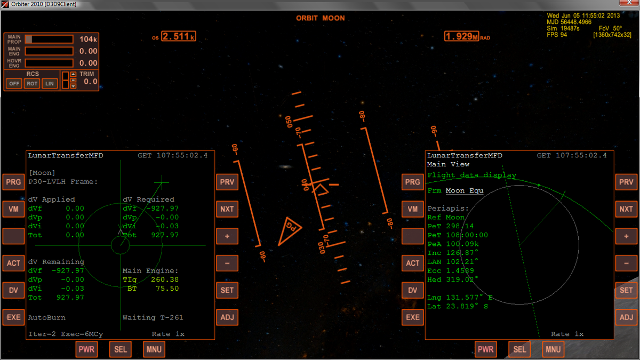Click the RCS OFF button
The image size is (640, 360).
(14, 84)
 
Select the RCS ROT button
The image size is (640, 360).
(32, 84)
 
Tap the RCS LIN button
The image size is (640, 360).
(50, 84)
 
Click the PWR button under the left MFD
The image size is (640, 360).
(86, 349)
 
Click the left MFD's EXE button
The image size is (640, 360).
(13, 317)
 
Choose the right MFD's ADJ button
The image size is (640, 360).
(626, 317)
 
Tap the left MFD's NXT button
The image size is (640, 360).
(227, 209)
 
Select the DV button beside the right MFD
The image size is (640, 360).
(412, 290)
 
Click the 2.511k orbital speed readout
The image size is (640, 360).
(179, 36)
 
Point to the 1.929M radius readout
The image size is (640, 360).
(461, 36)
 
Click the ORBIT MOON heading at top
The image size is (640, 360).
(321, 18)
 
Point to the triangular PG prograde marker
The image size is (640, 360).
(289, 230)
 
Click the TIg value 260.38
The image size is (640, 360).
(165, 279)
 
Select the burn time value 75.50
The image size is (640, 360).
(167, 289)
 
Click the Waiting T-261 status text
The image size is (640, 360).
(153, 317)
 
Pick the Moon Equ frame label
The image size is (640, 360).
(465, 190)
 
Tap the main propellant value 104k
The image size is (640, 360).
(88, 39)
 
